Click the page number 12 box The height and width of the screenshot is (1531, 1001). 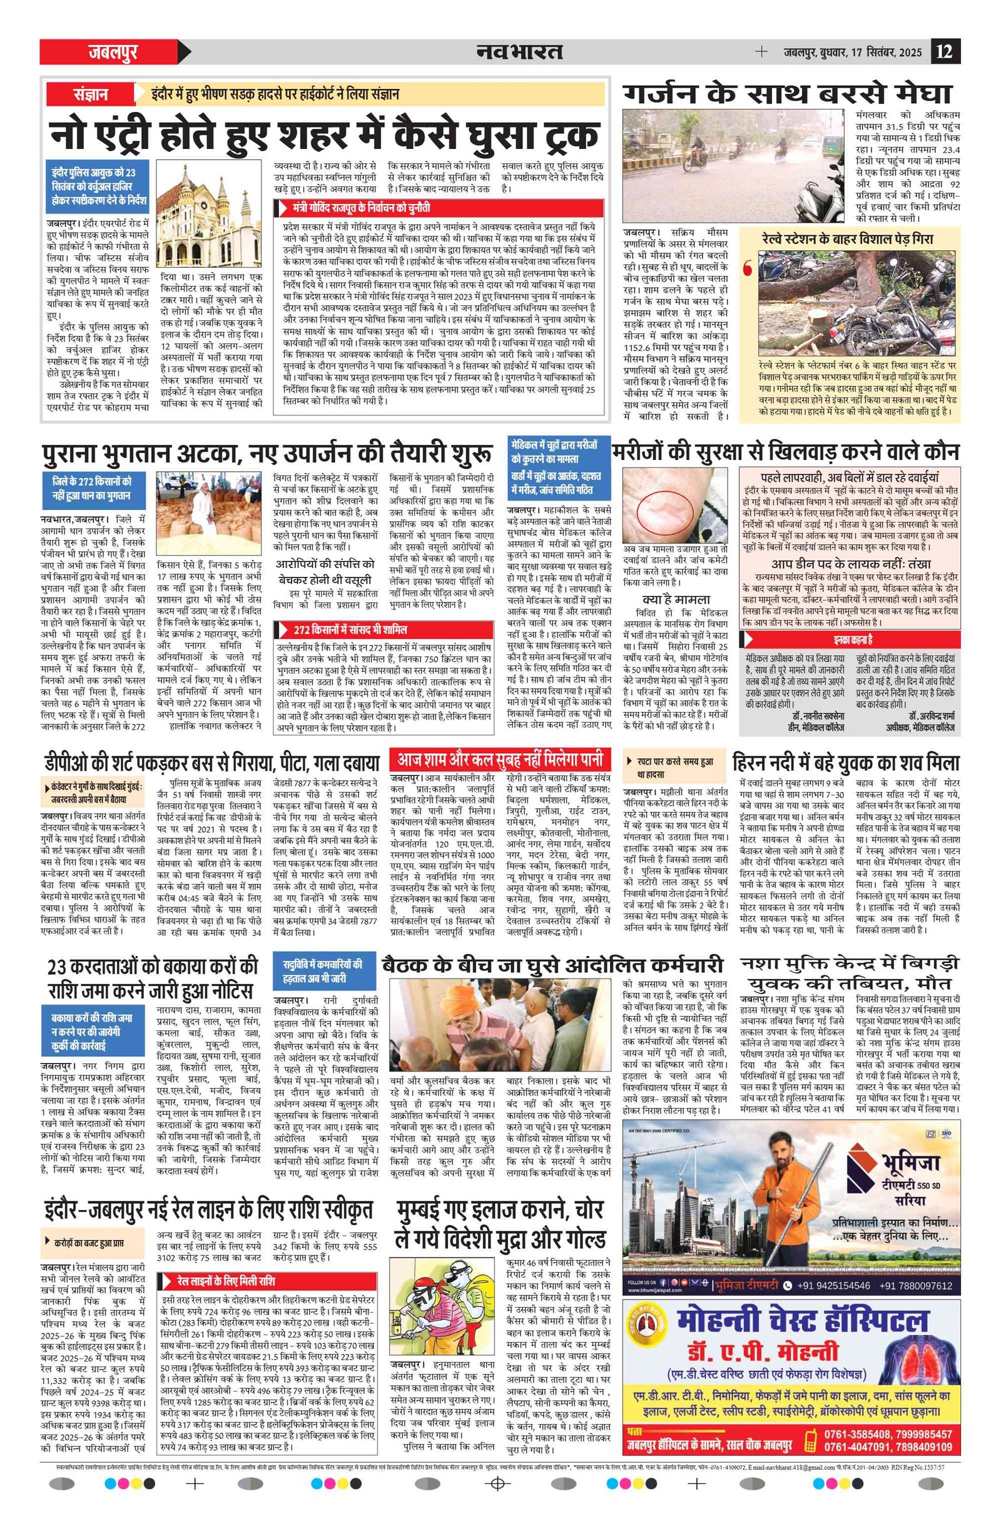945,51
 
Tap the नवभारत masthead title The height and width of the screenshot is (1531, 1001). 519,51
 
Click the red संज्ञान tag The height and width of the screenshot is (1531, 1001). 89,94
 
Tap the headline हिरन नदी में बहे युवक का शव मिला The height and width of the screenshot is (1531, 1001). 845,762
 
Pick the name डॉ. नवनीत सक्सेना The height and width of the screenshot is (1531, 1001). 811,715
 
